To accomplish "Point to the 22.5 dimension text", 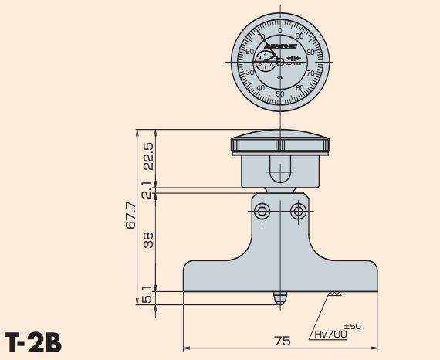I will click(x=149, y=155).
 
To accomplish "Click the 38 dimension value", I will click(x=149, y=240).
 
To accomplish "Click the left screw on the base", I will click(x=262, y=211).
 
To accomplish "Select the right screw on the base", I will click(x=297, y=211).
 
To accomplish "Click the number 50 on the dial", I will click(x=279, y=94).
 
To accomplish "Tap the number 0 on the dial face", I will click(x=279, y=30).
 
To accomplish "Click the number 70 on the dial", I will click(x=310, y=73).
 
